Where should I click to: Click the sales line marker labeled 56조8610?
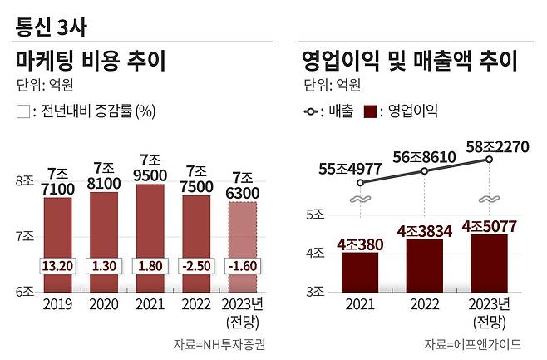point(424,170)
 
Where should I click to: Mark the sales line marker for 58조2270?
point(490,159)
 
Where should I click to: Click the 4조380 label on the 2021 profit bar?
point(360,244)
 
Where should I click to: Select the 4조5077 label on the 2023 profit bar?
point(490,225)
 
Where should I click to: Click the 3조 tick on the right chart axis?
point(316,291)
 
